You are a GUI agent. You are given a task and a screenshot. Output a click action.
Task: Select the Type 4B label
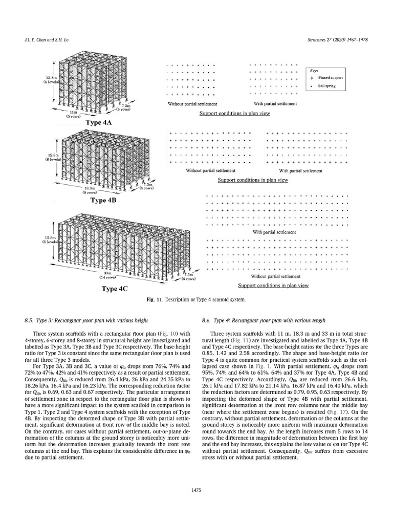pyautogui.click(x=104, y=201)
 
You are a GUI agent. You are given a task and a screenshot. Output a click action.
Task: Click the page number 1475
pyautogui.click(x=196, y=490)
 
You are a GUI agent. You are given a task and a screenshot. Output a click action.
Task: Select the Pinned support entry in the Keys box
pyautogui.click(x=331, y=78)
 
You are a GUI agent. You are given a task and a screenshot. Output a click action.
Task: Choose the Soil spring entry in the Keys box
pyautogui.click(x=328, y=86)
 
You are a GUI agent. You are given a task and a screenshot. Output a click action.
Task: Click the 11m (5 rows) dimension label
pyautogui.click(x=73, y=114)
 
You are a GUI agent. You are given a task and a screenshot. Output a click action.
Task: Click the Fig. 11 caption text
pyautogui.click(x=196, y=299)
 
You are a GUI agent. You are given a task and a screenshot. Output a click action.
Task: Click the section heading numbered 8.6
pyautogui.click(x=264, y=320)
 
